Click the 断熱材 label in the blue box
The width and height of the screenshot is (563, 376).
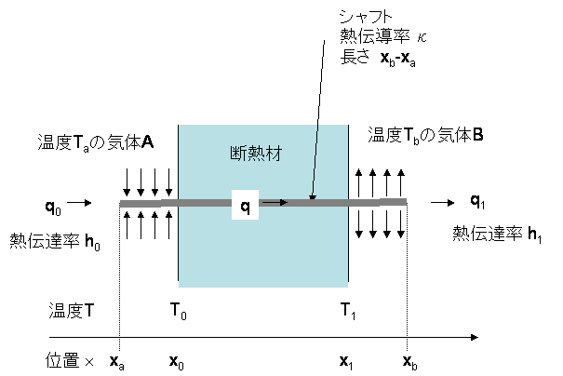coord(256,154)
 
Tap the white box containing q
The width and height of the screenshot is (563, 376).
coord(245,205)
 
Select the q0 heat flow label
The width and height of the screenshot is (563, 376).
coord(53,207)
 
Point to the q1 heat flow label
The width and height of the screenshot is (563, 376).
coord(477,201)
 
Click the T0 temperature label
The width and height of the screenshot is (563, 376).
coord(178,311)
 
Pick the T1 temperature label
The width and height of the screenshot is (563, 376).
coord(347,311)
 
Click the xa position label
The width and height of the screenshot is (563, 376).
coord(117,362)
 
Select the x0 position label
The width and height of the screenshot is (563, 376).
coord(177,362)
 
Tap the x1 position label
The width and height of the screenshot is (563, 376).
coord(346,362)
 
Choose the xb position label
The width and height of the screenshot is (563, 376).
coord(409,362)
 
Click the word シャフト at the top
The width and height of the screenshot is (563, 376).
coord(365,16)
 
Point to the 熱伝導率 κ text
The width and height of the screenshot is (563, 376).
coord(383,36)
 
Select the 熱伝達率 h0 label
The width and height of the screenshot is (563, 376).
coord(55,242)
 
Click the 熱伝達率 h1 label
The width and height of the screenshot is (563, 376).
coord(497,235)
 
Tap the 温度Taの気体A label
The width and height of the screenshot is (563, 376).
coord(96,142)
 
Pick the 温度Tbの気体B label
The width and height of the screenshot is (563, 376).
coord(425,136)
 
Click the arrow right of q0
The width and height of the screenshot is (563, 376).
coord(79,203)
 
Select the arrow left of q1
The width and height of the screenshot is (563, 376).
coord(443,203)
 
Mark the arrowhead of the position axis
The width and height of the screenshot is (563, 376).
coord(475,337)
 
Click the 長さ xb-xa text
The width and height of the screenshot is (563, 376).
coord(378,59)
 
